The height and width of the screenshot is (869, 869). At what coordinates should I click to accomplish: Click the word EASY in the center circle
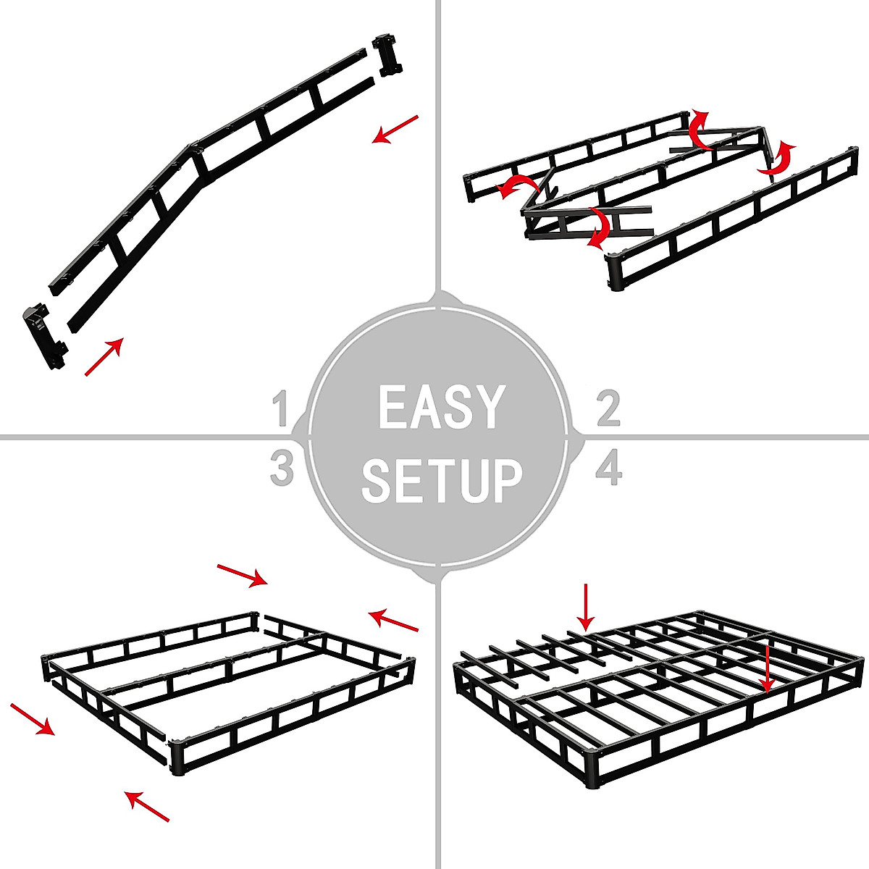pos(440,407)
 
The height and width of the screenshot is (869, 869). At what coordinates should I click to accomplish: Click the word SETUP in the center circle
pos(442,479)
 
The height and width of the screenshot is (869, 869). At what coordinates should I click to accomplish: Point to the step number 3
pos(281,469)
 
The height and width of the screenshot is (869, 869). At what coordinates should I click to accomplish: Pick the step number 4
pos(608,469)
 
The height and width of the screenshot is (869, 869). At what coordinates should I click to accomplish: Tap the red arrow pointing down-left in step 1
pos(395,129)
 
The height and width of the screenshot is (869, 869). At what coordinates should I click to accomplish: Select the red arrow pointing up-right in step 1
pos(104,356)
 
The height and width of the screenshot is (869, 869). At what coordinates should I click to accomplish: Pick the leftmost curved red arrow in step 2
pos(515,187)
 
